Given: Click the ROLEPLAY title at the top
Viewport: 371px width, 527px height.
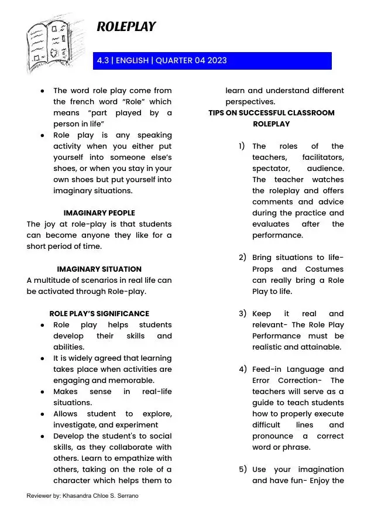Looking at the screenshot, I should click(126, 26).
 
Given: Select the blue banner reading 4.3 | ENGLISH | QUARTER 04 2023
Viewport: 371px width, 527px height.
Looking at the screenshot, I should click(212, 61).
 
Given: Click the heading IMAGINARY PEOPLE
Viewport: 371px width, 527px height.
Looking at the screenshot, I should click(99, 213).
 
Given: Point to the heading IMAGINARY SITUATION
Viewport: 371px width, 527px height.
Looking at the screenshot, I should click(99, 269).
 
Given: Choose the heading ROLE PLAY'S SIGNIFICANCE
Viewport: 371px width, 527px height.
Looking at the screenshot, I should click(99, 313).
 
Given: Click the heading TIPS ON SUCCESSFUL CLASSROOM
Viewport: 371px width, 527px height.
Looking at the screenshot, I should click(272, 113).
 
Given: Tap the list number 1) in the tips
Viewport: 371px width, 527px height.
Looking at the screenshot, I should click(242, 146).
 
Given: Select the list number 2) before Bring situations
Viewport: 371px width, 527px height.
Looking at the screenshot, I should click(242, 257).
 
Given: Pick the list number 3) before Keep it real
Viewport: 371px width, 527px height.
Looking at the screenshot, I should click(242, 313).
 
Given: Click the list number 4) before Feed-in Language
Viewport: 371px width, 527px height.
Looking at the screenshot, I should click(242, 369).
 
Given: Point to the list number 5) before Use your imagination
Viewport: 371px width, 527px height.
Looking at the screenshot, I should click(242, 469).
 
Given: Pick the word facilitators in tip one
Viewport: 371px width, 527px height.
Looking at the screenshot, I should click(323, 158).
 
